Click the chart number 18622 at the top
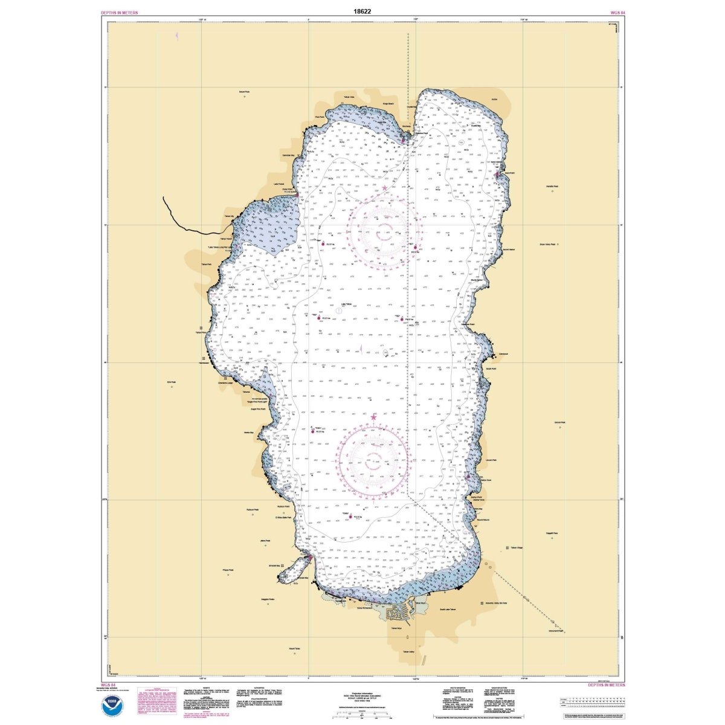[362, 11]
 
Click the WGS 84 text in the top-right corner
[615, 12]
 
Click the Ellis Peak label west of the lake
[172, 382]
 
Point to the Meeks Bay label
[248, 433]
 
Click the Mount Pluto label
[244, 92]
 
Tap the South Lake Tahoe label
[450, 610]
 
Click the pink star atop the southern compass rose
[373, 417]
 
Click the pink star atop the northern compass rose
[385, 188]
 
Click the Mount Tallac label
[295, 649]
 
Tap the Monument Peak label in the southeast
[556, 631]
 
